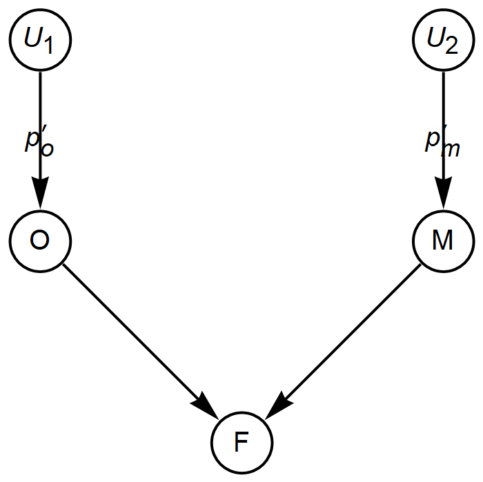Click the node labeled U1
coord(40,40)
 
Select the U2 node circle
coord(442,40)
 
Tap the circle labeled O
coord(40,240)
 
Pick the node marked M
coord(442,240)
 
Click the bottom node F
coord(241,442)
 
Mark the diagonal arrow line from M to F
coord(352,331)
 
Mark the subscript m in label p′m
coord(451,150)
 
